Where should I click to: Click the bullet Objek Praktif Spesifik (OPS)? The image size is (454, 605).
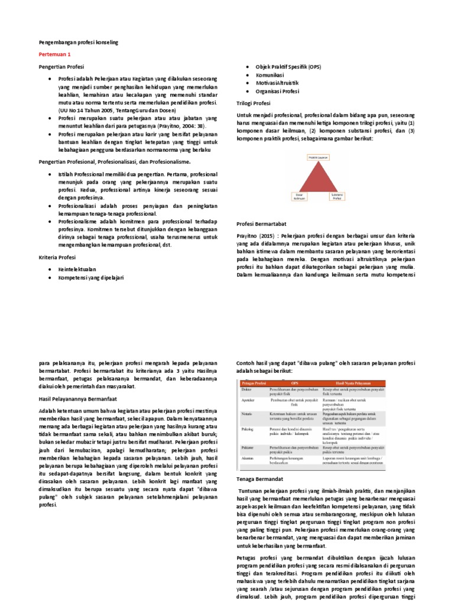coord(288,68)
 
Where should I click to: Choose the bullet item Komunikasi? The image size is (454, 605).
coord(270,76)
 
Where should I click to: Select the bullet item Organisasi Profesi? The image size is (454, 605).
coord(277,92)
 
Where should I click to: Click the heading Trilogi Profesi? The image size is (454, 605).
coord(253,103)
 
